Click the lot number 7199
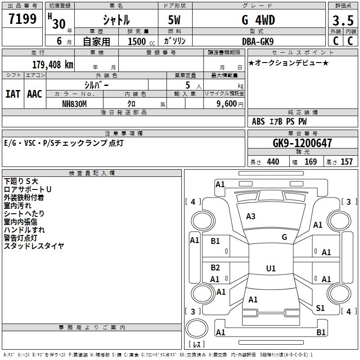[22, 19]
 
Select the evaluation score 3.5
[342, 21]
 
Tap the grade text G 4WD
[258, 20]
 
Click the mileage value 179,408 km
[53, 64]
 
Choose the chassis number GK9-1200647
[302, 144]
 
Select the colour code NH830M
[74, 103]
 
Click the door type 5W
[175, 20]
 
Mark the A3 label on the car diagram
[251, 216]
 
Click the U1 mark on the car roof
[270, 269]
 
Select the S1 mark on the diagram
[320, 308]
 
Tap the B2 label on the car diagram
[215, 268]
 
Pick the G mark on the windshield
[284, 237]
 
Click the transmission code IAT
[13, 94]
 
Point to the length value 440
[273, 162]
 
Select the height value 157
[346, 162]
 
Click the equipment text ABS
[258, 121]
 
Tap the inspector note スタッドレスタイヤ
[34, 246]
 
